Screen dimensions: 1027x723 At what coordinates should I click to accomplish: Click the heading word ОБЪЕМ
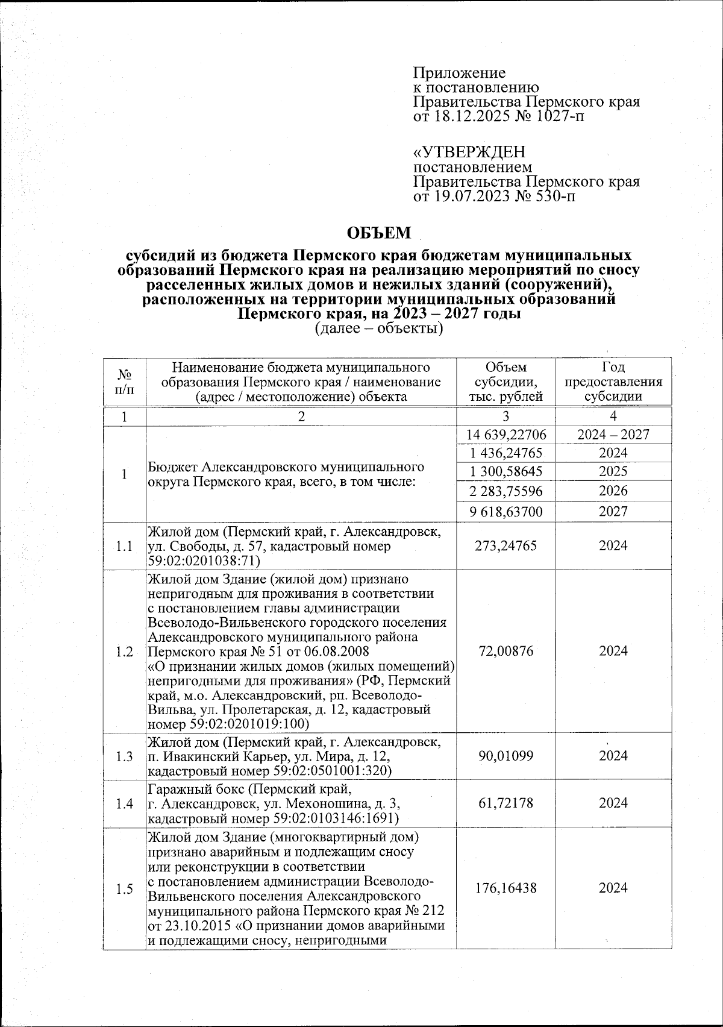[380, 233]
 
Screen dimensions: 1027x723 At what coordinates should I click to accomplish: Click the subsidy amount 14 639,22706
[505, 435]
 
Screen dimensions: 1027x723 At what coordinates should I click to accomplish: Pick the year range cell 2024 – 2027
[613, 435]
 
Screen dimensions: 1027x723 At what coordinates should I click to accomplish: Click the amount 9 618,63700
[505, 512]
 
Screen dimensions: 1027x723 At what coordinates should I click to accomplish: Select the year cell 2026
[613, 491]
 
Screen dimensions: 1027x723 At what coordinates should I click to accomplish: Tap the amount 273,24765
[505, 546]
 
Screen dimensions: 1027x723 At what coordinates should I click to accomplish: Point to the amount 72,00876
[505, 652]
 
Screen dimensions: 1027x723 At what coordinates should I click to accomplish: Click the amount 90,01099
[505, 756]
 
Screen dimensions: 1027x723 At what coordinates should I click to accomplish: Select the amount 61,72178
[505, 803]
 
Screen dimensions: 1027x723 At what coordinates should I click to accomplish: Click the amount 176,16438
[505, 888]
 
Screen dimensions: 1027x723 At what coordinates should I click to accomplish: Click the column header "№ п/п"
[124, 382]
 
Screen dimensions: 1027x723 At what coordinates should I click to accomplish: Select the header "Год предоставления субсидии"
[613, 382]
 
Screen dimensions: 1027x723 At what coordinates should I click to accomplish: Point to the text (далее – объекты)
[379, 328]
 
